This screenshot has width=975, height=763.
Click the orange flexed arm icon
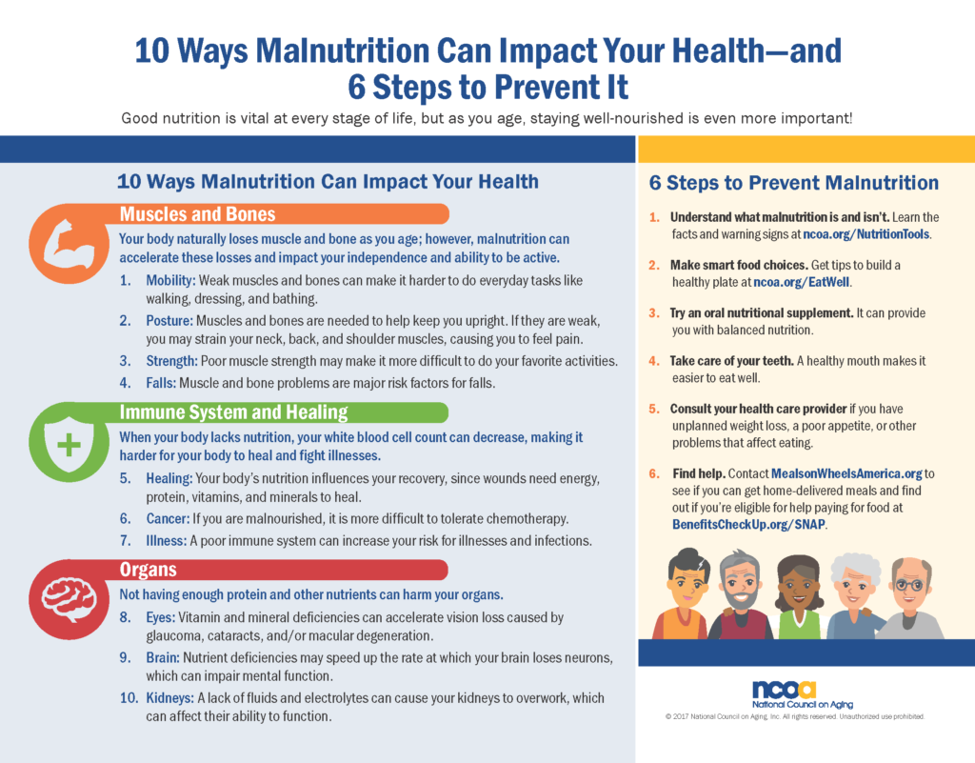(x=69, y=243)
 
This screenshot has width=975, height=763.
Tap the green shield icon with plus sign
(x=69, y=442)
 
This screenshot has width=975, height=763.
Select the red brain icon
(x=69, y=599)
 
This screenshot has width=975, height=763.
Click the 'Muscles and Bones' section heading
(x=198, y=214)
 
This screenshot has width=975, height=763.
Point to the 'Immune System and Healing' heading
(x=234, y=412)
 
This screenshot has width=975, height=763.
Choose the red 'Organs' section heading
(x=148, y=570)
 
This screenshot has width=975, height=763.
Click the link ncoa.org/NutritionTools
(x=866, y=234)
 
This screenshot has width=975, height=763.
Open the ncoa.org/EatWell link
(x=802, y=282)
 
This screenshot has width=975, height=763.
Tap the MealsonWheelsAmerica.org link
(x=846, y=473)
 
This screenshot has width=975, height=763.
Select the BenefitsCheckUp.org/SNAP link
(x=748, y=524)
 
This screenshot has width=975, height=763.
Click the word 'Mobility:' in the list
(x=171, y=280)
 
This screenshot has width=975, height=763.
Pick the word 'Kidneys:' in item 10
(x=169, y=698)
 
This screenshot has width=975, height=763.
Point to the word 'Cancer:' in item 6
(x=168, y=518)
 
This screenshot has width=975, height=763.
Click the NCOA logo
(x=802, y=695)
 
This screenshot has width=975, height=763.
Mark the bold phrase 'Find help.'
(x=699, y=473)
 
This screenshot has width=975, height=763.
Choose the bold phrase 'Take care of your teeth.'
(x=732, y=361)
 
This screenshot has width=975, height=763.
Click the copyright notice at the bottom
(x=795, y=717)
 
